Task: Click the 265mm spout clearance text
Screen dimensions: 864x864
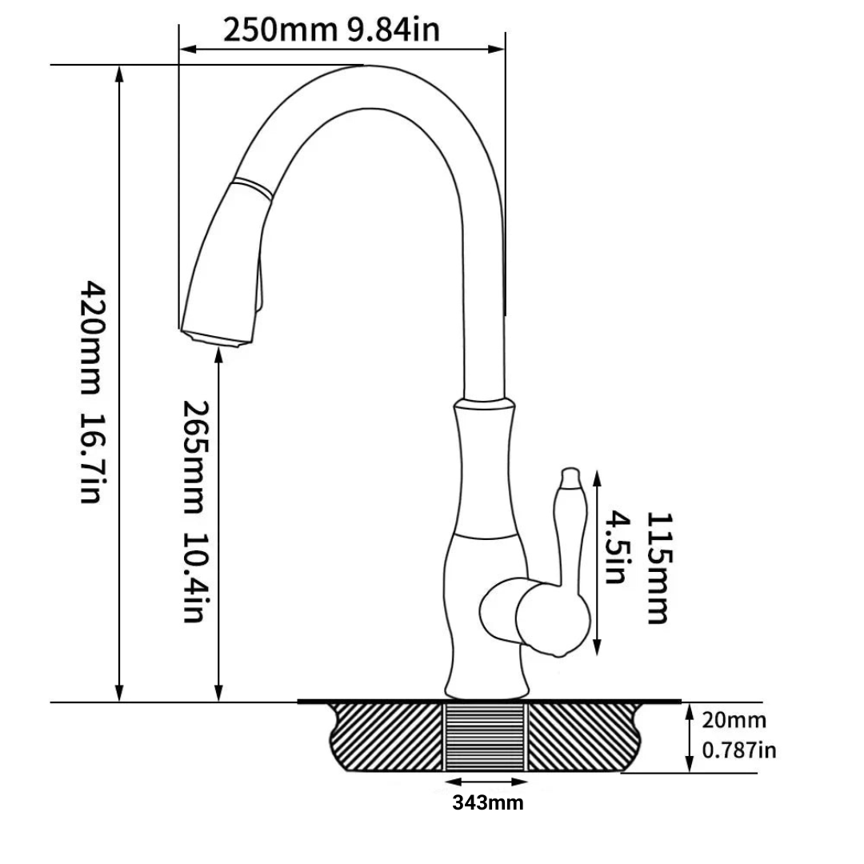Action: (196, 457)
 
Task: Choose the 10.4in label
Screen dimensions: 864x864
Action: (196, 578)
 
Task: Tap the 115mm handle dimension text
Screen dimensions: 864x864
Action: (659, 568)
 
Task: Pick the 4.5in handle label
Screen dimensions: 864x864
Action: (617, 547)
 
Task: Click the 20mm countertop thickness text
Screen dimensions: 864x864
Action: (734, 720)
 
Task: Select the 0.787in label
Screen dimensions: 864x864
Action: (739, 750)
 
